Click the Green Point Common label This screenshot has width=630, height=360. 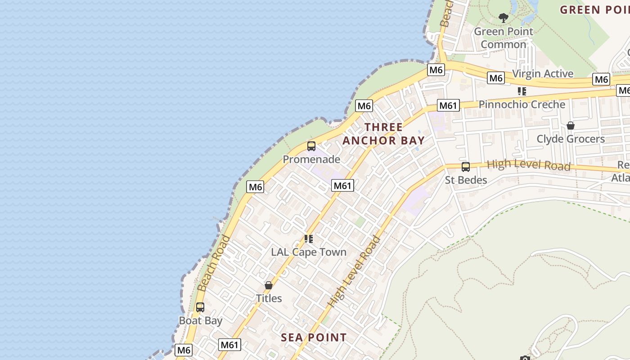click(503, 38)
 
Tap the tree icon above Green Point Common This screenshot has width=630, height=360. click(504, 18)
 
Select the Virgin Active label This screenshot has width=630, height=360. click(543, 73)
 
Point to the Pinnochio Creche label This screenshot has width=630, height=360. click(522, 104)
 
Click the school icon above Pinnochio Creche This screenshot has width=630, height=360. click(522, 91)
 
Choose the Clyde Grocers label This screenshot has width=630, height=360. click(571, 139)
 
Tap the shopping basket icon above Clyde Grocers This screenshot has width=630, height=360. click(571, 126)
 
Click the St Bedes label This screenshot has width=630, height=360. click(466, 180)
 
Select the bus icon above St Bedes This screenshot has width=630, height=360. click(466, 167)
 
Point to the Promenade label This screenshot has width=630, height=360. click(311, 159)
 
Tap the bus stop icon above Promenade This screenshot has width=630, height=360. click(311, 146)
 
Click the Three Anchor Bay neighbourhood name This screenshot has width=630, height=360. click(384, 134)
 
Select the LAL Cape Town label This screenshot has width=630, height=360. click(309, 252)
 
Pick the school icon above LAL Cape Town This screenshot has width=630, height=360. click(309, 239)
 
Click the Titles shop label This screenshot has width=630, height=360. click(269, 298)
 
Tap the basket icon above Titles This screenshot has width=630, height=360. click(269, 285)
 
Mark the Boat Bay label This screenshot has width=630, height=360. click(201, 321)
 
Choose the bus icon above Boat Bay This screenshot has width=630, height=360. click(200, 308)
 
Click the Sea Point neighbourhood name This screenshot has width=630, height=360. click(314, 337)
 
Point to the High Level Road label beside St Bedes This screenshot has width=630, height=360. click(529, 165)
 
